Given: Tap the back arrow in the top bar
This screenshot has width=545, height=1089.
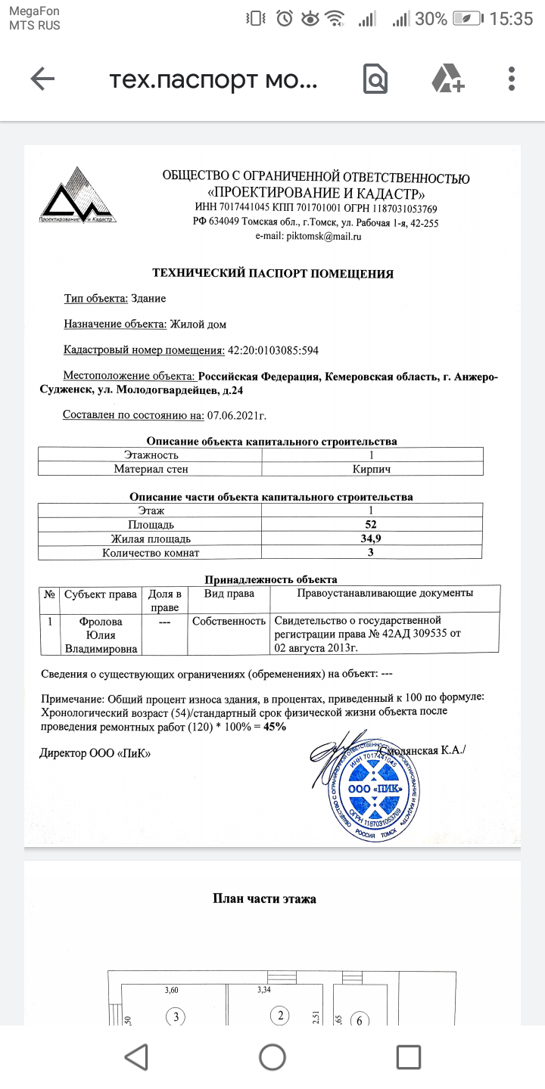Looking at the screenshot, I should coord(42,79).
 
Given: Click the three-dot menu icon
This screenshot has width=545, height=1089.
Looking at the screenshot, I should coord(512,79).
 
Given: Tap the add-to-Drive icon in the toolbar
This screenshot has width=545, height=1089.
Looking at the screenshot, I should coord(447,79).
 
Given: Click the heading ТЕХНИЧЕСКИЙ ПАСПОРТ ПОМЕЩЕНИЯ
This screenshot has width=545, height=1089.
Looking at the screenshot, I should coord(272,274).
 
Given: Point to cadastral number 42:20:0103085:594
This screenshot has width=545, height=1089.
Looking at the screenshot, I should coord(273,349).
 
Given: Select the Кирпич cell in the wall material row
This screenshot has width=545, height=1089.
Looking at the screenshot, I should coord(372,469).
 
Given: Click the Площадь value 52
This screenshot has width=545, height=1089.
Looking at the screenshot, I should coord(371,524).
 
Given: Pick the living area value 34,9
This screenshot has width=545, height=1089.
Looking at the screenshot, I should coord(371,538).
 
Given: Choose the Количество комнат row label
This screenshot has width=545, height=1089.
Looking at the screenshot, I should coord(151,553).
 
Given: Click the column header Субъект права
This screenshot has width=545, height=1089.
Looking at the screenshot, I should coord(100,594).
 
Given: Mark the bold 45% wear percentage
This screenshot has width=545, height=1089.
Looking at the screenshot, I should coord(275,726).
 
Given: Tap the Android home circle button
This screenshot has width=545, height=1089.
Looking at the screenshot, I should coord(272,1056).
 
